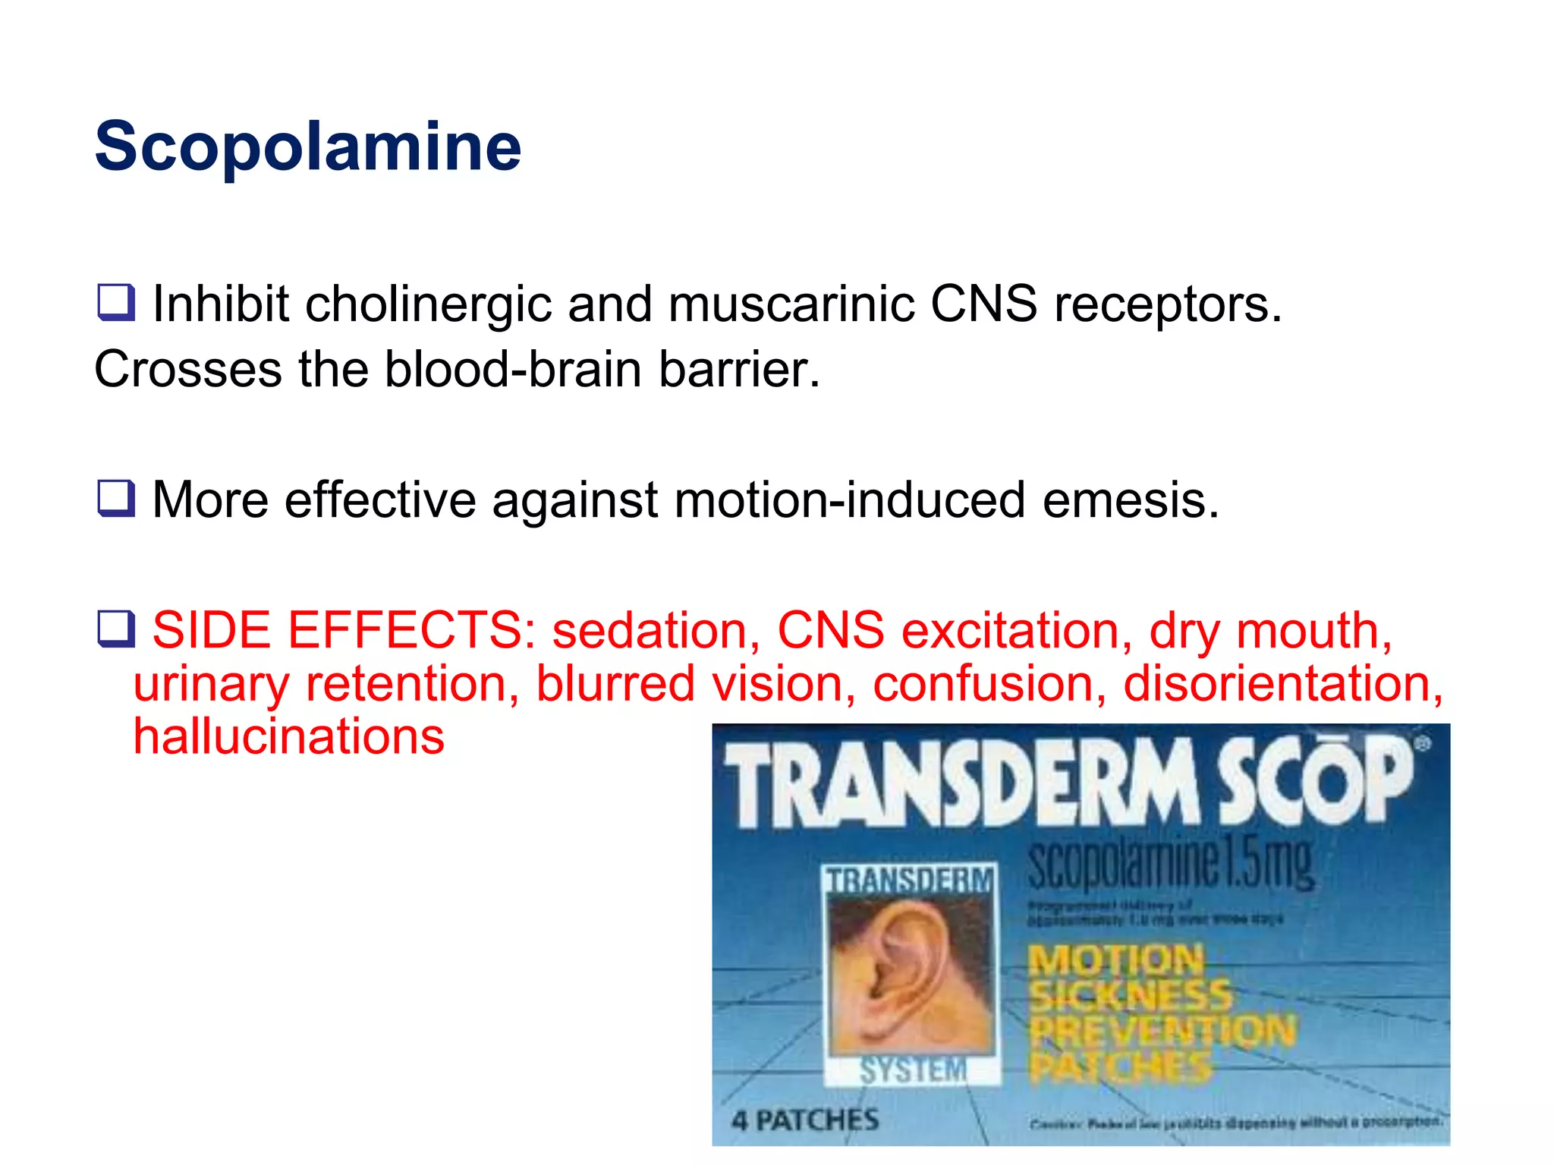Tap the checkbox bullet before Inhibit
click(116, 302)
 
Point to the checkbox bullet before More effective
click(116, 499)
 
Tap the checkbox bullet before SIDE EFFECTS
click(116, 629)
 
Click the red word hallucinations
click(288, 737)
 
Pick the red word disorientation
click(1282, 684)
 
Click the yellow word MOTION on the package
click(1115, 961)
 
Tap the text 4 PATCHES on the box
click(805, 1120)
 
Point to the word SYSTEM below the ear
click(913, 1070)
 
